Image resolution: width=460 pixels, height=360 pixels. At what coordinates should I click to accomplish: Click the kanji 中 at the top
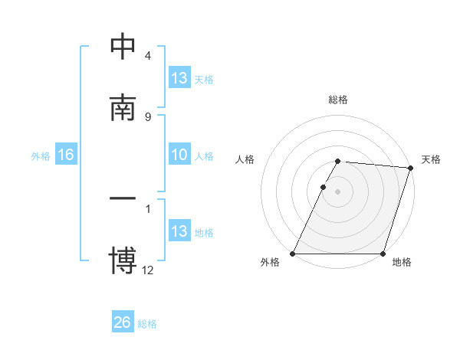[123, 47]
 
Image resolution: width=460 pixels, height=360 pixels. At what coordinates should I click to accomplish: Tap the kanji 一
[123, 198]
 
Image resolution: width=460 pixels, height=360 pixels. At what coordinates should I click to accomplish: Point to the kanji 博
[123, 260]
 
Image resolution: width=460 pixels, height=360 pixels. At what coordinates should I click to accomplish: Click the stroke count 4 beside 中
[147, 56]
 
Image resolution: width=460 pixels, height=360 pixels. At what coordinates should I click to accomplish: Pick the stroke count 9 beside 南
[147, 116]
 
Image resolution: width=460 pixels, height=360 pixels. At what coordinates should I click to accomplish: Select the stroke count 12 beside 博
[147, 270]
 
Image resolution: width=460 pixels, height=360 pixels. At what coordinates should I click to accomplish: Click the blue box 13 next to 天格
[179, 78]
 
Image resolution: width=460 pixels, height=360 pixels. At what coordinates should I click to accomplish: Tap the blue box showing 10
[179, 155]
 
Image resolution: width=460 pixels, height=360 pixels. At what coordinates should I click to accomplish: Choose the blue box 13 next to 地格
[179, 231]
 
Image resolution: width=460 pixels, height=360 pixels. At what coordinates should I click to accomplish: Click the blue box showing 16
[65, 155]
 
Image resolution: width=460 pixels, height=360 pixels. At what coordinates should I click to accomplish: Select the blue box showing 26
[122, 322]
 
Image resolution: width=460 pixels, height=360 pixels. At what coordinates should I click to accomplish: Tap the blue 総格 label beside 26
[147, 324]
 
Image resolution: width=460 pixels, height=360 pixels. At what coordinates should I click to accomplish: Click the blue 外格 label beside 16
[41, 156]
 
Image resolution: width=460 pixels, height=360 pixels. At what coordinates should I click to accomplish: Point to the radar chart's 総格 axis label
[338, 100]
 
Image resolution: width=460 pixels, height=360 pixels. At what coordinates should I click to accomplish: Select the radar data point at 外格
[293, 254]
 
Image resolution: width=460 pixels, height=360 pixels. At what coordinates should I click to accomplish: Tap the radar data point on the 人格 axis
[324, 187]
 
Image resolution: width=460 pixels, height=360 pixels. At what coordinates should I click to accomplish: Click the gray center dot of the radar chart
[338, 191]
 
